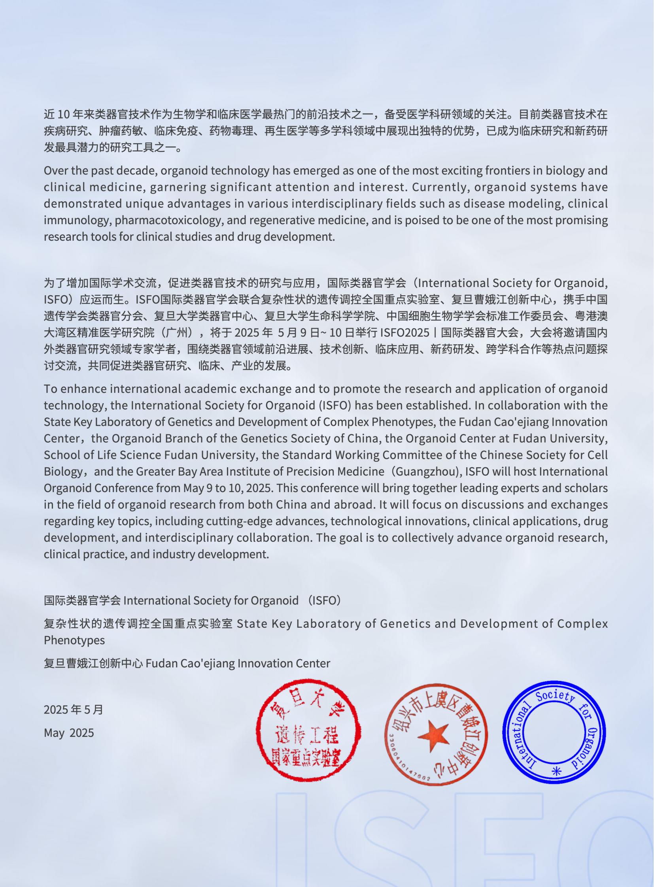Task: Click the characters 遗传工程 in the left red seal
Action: click(x=308, y=736)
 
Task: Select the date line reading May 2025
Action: click(x=69, y=733)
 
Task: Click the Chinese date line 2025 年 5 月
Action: click(x=73, y=710)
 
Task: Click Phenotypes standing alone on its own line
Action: click(x=74, y=640)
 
